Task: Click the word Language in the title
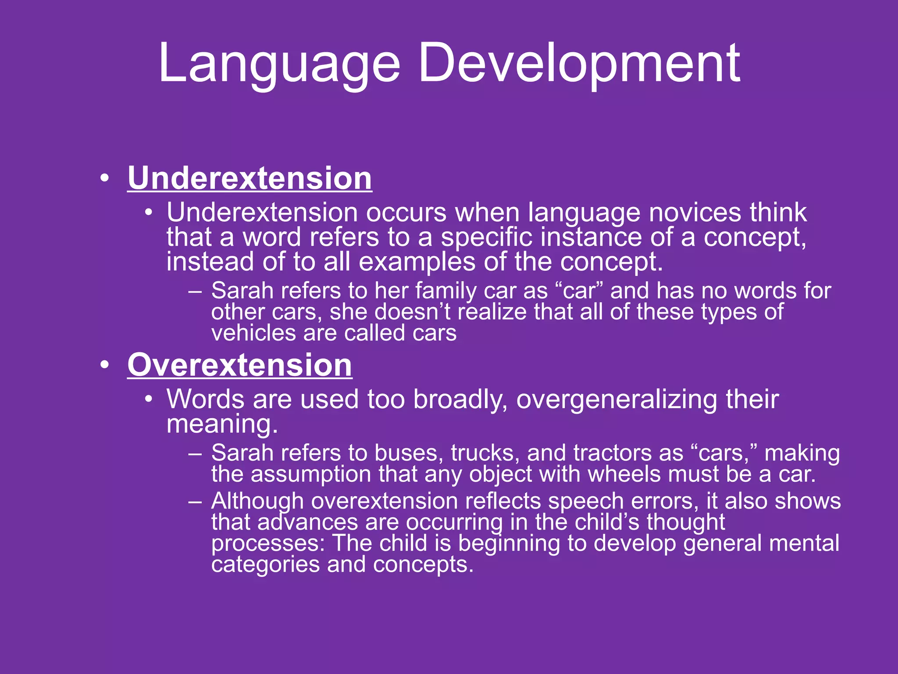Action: coord(279,64)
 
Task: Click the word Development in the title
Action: coord(579,64)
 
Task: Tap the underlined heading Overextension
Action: coord(239,365)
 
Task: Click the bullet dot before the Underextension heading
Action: coord(104,179)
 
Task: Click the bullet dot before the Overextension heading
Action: coord(104,366)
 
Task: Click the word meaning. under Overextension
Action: coord(222,424)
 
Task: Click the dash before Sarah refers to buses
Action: coord(195,453)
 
